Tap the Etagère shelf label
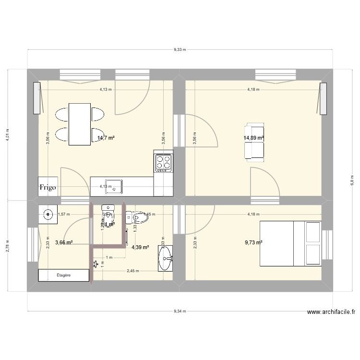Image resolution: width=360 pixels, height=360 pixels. (64, 275)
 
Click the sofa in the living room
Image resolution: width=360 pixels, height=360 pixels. (254, 141)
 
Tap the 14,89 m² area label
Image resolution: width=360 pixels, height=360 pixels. (254, 138)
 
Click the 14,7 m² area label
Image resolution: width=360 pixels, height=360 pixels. (106, 138)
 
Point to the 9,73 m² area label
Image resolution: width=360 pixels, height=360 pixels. (253, 242)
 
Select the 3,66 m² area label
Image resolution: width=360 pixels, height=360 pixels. (64, 243)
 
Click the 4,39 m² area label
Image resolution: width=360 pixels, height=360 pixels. (140, 248)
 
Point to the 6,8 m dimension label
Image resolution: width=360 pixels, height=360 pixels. (352, 180)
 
